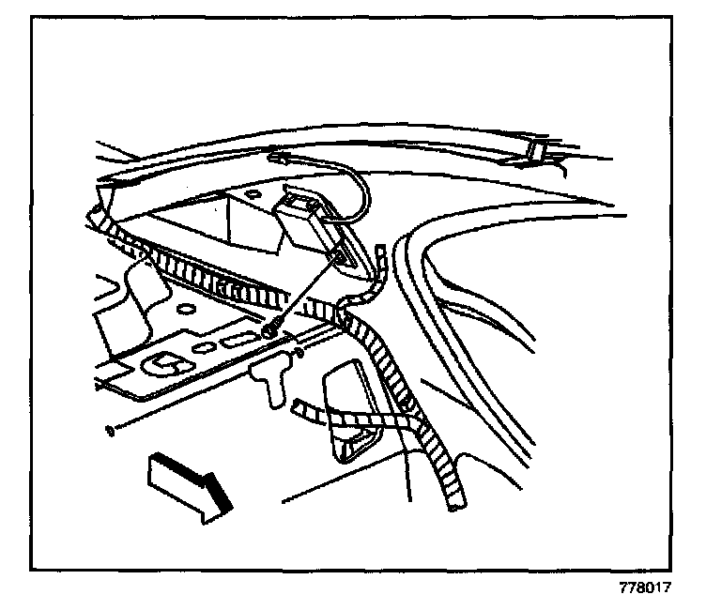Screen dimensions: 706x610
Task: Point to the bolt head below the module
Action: (270, 328)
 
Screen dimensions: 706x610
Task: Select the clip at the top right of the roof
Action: (542, 151)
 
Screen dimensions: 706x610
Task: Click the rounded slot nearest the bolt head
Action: (240, 338)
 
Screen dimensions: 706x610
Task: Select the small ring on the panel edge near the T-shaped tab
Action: (299, 354)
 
